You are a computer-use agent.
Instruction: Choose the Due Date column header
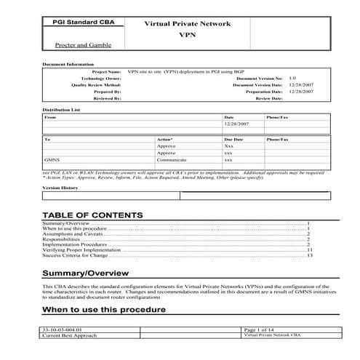coord(233,138)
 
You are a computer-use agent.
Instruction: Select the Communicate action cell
coord(172,160)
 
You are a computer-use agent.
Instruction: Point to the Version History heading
coord(60,188)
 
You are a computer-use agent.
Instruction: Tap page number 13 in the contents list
coord(309,255)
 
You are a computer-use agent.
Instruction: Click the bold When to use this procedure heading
coord(104,310)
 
